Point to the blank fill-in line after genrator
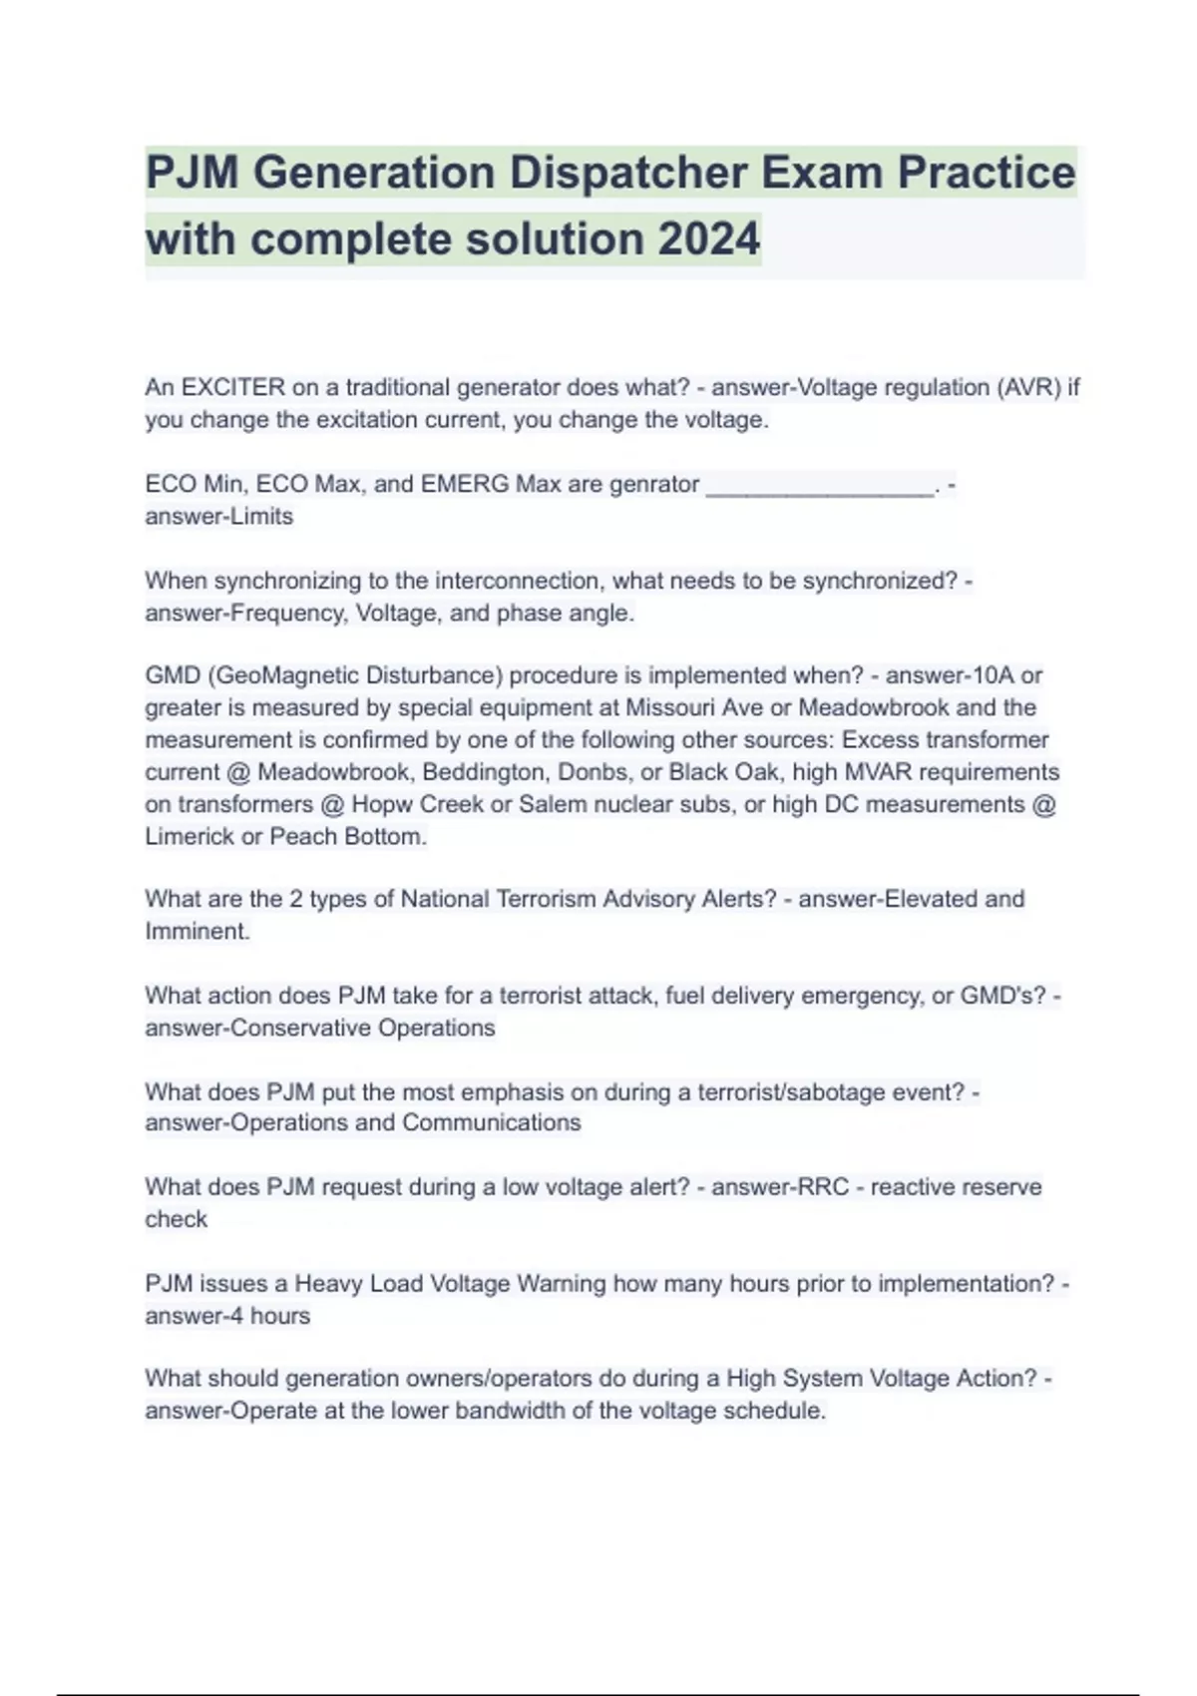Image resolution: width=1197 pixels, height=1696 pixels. [x=820, y=486]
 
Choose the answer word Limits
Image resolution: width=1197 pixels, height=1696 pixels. [x=261, y=517]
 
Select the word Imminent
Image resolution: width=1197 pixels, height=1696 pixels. [x=197, y=932]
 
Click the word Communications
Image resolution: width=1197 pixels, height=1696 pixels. [x=491, y=1122]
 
